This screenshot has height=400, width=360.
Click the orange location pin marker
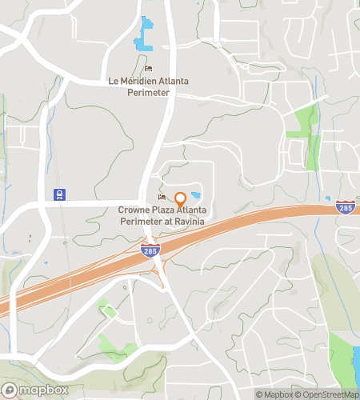181,199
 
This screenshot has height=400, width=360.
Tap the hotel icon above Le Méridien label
149,69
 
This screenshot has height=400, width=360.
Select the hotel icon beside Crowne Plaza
162,198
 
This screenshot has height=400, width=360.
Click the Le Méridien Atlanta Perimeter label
150,87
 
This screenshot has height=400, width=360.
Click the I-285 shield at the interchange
150,250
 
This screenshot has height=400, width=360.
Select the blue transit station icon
58,194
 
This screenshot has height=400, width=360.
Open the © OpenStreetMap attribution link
328,394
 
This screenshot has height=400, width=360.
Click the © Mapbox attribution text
274,394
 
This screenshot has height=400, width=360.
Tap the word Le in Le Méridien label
113,82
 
